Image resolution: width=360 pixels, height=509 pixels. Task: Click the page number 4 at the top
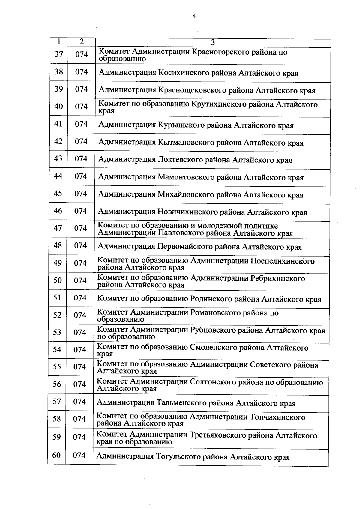pos(194,16)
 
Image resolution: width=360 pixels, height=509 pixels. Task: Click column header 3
pos(213,43)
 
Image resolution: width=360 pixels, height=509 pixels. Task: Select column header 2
pos(82,42)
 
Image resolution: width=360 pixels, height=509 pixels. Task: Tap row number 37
pos(59,54)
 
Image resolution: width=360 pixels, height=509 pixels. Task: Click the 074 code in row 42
pos(81,141)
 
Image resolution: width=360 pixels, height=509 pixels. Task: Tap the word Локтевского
pos(180,160)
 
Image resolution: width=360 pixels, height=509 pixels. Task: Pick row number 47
pos(58,228)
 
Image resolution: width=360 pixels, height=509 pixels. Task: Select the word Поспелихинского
pos(282,261)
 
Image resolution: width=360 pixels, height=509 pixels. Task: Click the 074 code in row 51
pos(80,298)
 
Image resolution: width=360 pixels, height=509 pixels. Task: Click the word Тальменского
pos(180,403)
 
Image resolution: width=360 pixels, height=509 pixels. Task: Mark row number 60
pos(56,455)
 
